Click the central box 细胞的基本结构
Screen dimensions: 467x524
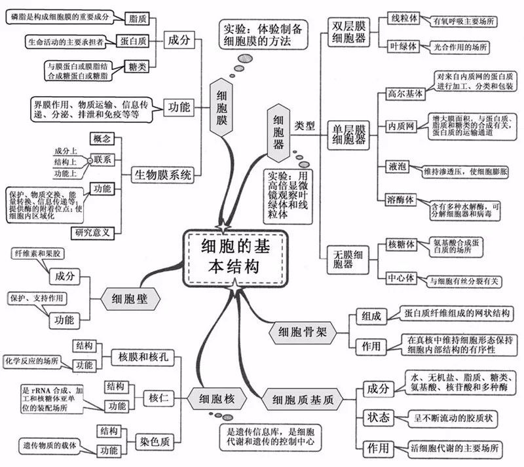click(234, 256)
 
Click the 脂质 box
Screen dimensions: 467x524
click(138, 18)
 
